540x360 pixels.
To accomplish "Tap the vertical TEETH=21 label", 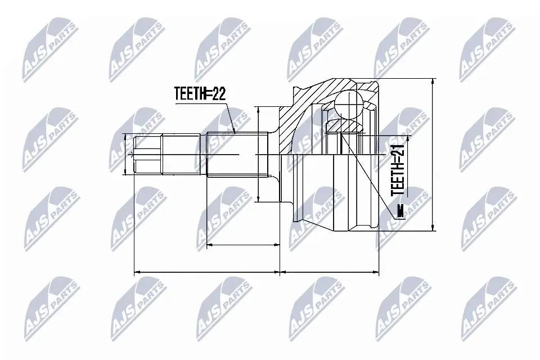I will tap(398, 168).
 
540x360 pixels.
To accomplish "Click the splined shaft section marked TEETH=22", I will tap(236, 156).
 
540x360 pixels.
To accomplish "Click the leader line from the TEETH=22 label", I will tap(229, 119).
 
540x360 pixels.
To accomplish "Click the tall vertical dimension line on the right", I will tap(433, 155).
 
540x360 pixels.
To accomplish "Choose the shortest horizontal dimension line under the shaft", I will tap(243, 245).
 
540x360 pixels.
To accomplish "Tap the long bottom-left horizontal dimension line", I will tap(206, 272).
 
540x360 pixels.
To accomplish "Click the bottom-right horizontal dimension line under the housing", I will tap(330, 272).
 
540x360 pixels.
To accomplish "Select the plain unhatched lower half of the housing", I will tap(332, 191).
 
